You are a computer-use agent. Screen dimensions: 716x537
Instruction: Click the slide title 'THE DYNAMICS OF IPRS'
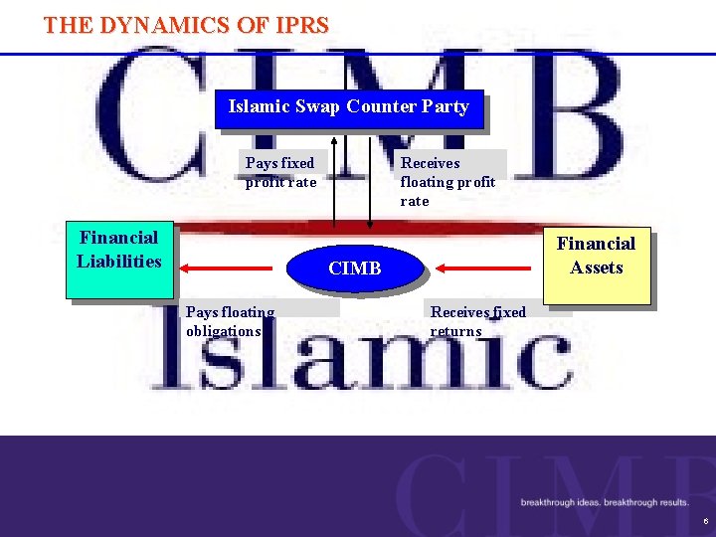(186, 26)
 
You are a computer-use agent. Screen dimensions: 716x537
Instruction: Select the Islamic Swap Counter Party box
(348, 107)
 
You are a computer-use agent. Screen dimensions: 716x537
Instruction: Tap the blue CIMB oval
(355, 268)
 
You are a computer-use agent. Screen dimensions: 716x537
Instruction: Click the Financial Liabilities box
(118, 260)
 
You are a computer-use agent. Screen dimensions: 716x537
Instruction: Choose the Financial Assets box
(596, 264)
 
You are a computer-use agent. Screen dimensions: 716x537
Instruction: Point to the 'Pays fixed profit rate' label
(280, 172)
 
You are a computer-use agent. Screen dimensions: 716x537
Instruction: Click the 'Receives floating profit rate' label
(447, 181)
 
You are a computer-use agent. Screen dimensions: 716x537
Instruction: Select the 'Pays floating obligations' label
(230, 321)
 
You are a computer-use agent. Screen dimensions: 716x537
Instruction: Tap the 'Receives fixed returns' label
(477, 321)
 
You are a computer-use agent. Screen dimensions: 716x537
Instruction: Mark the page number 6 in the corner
(705, 521)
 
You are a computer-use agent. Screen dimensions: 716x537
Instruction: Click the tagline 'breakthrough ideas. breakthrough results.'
(605, 502)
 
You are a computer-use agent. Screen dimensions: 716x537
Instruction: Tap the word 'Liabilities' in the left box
(118, 262)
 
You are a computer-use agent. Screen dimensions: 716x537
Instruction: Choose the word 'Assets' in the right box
(596, 268)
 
